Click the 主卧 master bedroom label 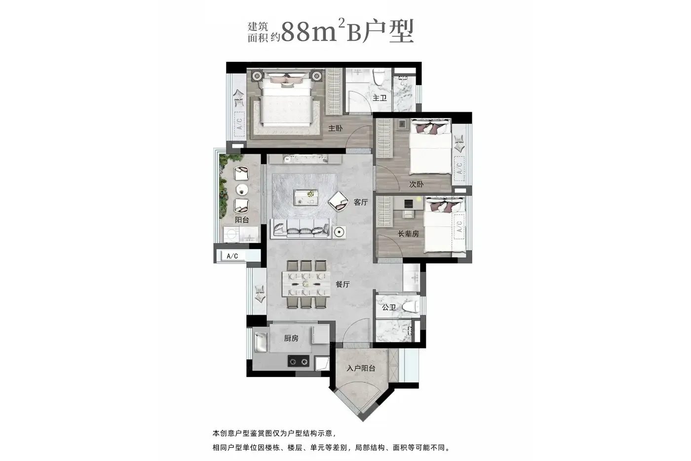335,128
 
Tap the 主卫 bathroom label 380,98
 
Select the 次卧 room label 416,184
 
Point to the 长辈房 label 408,234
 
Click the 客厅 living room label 361,202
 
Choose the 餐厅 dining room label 343,285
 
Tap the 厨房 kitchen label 291,338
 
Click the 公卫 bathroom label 389,307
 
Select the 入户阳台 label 361,369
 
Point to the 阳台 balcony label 241,220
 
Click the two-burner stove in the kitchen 298,361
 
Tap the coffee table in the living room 306,198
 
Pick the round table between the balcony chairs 242,190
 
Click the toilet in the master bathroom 379,77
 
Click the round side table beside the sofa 339,232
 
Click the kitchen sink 261,342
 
